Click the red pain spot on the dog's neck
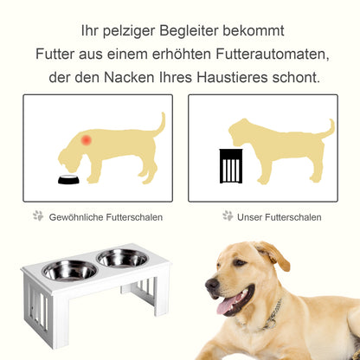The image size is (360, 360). [x=86, y=139]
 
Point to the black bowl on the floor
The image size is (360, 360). [x=68, y=180]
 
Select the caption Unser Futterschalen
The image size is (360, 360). [x=279, y=216]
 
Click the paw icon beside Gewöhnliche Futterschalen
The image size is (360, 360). [x=38, y=215]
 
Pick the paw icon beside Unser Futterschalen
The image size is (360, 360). [x=227, y=215]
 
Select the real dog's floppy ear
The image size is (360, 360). [x=275, y=257]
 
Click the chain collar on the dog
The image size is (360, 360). [x=273, y=312]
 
